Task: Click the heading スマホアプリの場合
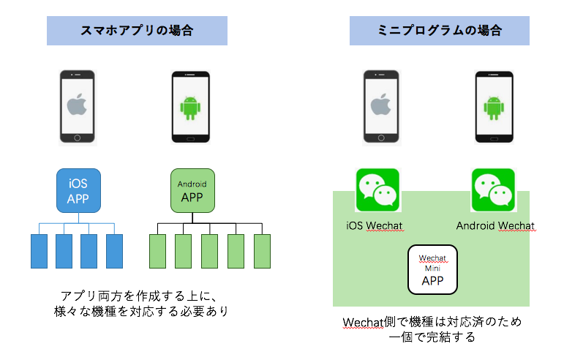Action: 137,31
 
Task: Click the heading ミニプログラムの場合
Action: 439,31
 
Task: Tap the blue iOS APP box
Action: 78,190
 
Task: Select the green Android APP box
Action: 192,190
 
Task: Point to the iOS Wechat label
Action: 377,225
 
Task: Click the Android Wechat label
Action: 495,225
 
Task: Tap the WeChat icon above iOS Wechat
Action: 377,190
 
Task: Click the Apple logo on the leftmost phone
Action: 77,106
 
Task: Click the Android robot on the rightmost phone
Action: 495,108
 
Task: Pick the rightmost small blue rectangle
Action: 114,251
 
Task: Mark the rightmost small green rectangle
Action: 262,251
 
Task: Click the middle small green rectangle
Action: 210,251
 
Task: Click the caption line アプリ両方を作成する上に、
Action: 137,296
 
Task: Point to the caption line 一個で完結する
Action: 434,337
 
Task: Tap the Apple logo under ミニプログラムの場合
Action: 380,106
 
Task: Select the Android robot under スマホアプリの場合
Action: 189,108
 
